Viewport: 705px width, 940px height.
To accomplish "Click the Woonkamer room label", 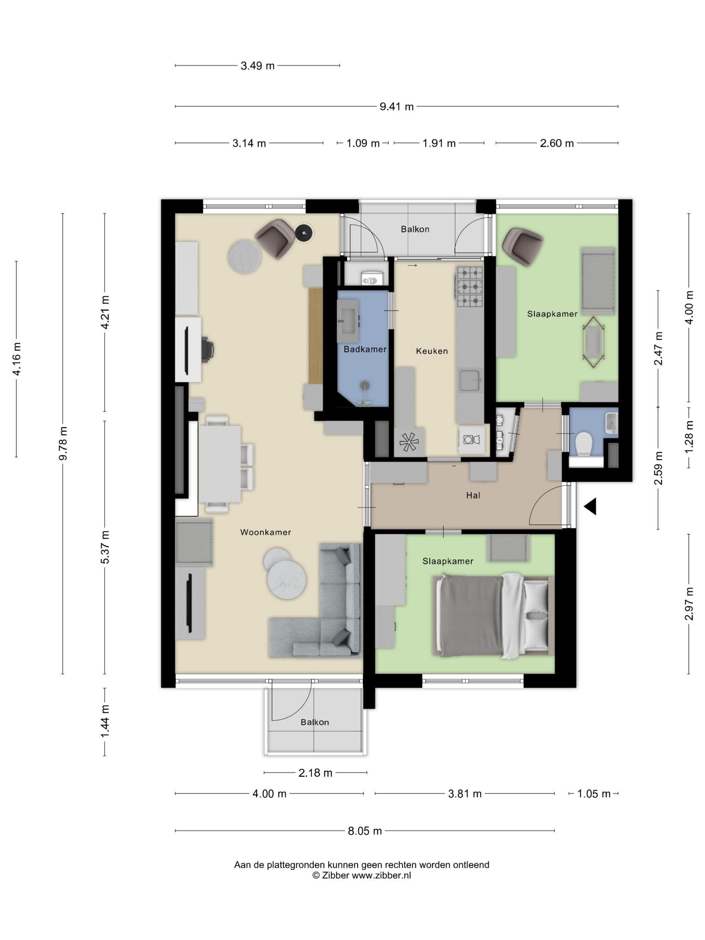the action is click(265, 532).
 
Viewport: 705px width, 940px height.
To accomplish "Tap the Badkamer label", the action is click(365, 349).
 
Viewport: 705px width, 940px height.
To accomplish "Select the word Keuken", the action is click(432, 351).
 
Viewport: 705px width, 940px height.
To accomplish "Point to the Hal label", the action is click(473, 495).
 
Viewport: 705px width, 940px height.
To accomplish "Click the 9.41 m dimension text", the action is click(396, 107).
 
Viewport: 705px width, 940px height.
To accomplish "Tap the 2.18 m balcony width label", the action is click(315, 772).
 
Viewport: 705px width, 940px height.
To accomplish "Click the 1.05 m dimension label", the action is click(594, 793).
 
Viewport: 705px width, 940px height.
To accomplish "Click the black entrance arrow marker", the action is click(591, 506).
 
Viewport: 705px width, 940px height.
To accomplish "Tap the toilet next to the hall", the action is click(583, 444).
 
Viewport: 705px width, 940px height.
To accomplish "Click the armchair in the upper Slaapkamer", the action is click(522, 244).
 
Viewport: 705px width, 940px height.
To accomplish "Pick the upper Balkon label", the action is click(415, 230).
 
